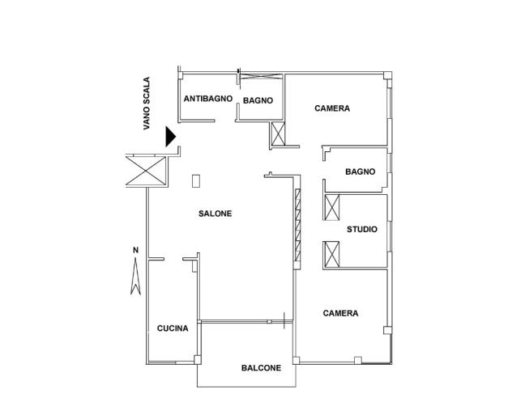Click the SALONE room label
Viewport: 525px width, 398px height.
[215, 214]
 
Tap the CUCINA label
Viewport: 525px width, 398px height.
[173, 328]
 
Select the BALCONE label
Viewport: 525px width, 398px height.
[261, 368]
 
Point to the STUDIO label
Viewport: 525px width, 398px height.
[362, 229]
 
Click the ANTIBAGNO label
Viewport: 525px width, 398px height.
[208, 99]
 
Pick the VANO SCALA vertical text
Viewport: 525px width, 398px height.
[147, 104]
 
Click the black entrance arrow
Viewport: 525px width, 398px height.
[170, 137]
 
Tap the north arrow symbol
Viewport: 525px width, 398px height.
[135, 277]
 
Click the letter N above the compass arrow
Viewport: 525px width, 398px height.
[135, 250]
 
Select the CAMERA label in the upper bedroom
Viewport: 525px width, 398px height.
[332, 108]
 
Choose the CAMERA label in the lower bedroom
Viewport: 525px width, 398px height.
[340, 313]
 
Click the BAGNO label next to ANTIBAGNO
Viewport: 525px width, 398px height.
[258, 100]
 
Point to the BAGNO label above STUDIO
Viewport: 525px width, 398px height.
[361, 171]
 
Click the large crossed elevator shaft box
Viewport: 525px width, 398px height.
[146, 171]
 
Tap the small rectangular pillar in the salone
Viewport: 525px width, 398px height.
[196, 181]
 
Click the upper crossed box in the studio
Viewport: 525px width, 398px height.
[332, 207]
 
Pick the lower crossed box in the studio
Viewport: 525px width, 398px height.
[332, 254]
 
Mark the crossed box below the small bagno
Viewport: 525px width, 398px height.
[278, 134]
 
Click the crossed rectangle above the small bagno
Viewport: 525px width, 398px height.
[262, 76]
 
